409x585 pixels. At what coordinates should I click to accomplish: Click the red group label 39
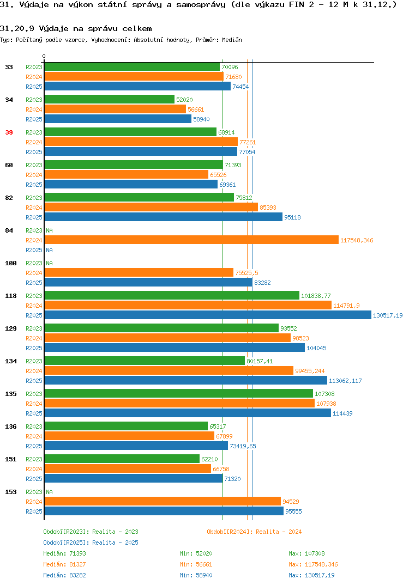(x=9, y=132)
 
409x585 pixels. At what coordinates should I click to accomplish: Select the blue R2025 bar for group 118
(x=208, y=315)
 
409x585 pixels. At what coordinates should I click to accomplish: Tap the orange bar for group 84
(x=191, y=240)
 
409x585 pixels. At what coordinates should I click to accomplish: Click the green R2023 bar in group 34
(x=110, y=99)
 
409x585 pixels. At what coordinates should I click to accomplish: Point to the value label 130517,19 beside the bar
(x=388, y=315)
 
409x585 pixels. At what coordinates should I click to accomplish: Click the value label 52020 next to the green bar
(x=184, y=100)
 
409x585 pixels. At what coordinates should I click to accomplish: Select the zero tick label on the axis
(x=44, y=56)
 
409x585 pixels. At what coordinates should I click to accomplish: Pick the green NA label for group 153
(x=49, y=492)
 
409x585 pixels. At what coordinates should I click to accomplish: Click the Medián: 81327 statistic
(x=64, y=564)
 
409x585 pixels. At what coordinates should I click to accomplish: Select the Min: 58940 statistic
(x=196, y=575)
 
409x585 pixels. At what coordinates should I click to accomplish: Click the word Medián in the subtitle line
(x=232, y=40)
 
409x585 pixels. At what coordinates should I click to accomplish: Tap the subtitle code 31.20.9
(x=17, y=29)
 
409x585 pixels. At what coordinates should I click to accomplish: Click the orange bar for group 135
(x=179, y=403)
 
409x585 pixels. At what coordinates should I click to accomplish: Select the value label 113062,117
(x=345, y=381)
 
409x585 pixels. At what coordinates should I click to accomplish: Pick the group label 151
(x=11, y=459)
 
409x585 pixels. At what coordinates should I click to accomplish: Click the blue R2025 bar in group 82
(x=164, y=217)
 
